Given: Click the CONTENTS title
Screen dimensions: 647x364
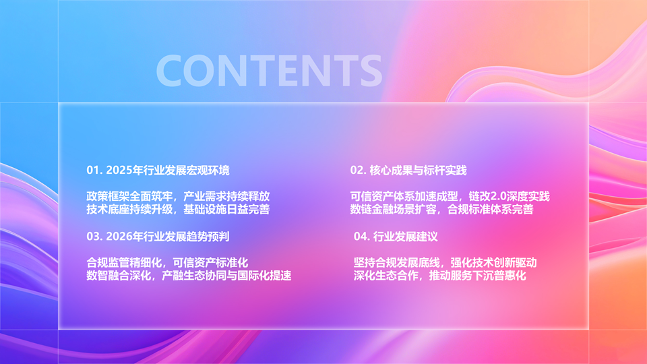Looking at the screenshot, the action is tap(269, 71).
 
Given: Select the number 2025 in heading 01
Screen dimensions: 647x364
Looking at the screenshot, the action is tap(119, 171).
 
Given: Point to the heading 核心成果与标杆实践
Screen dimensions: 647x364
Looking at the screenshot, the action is tap(418, 171).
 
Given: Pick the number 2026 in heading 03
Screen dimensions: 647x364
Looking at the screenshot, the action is tap(119, 237).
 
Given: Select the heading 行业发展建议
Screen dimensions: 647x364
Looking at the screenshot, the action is tap(405, 237).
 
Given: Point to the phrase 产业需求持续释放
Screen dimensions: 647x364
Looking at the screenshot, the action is tap(226, 196).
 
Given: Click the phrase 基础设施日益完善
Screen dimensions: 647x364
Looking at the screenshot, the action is tap(226, 209).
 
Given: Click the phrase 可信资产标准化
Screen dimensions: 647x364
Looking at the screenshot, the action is tap(210, 263).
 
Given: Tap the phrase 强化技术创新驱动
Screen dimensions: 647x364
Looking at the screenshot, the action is tap(493, 263).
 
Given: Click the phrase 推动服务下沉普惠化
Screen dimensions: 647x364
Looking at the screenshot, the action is tap(477, 276).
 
